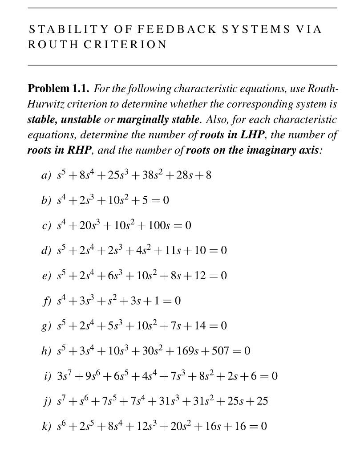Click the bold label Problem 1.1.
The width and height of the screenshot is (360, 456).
click(59, 89)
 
